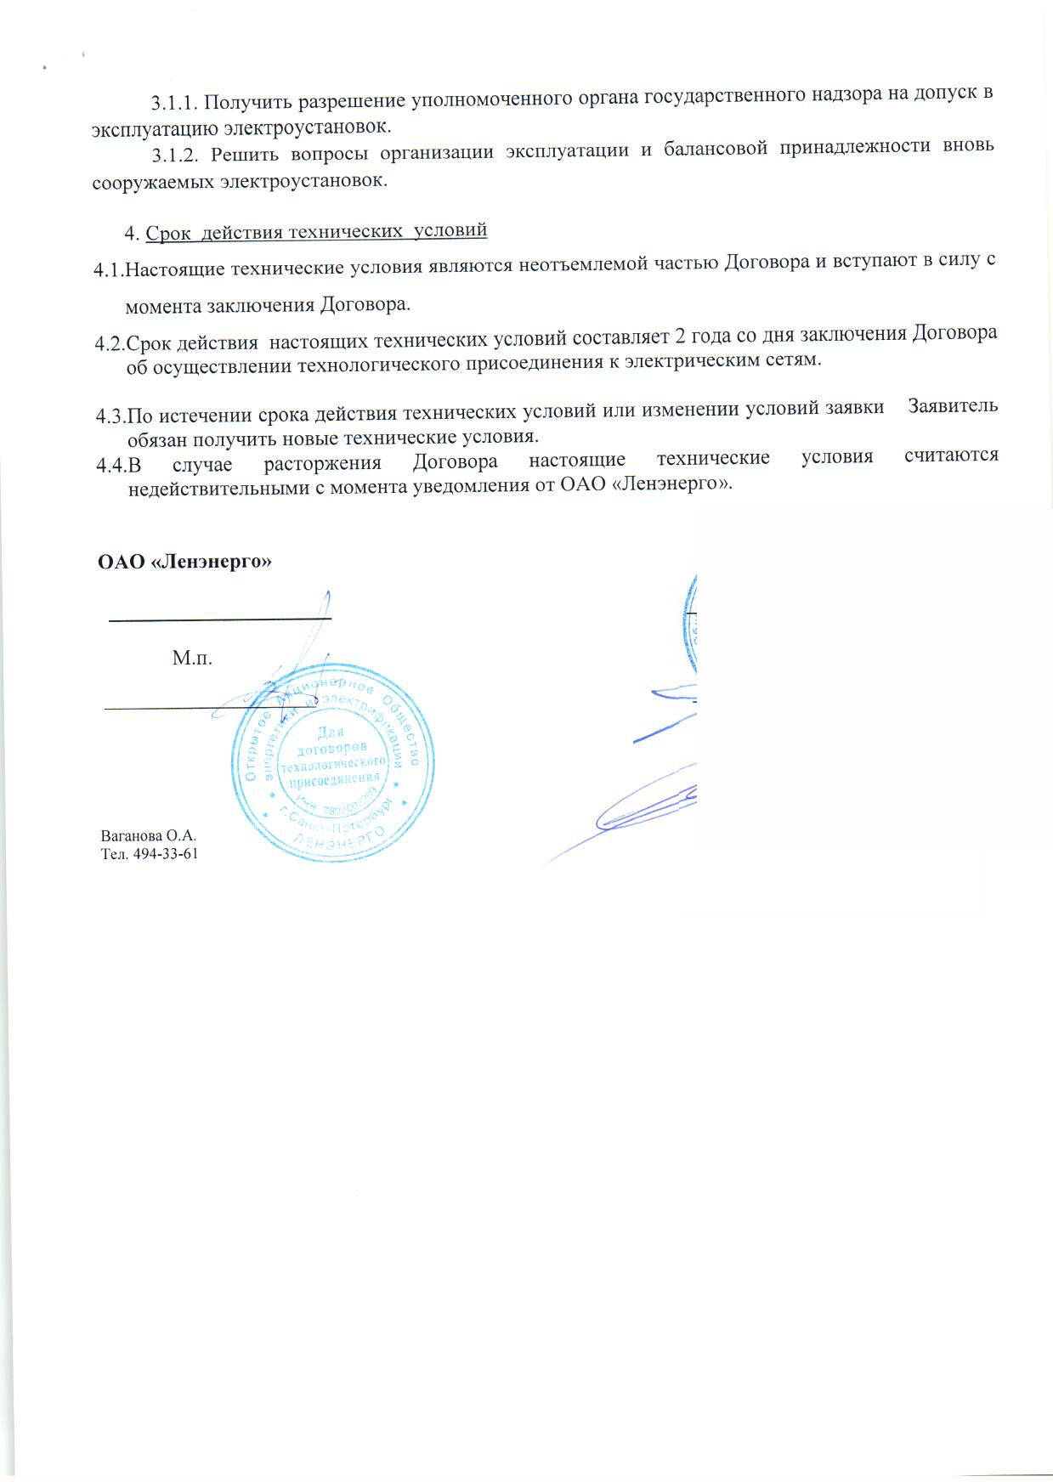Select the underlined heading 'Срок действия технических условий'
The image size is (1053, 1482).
(x=316, y=231)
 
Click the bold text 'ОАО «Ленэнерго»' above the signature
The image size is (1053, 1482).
(x=186, y=562)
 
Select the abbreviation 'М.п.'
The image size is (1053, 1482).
(x=192, y=658)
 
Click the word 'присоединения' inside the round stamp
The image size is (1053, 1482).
(x=333, y=779)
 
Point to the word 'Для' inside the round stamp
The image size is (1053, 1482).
(x=332, y=732)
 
